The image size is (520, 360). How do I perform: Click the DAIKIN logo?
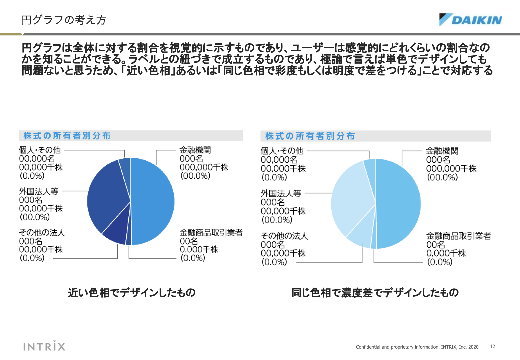point(470,20)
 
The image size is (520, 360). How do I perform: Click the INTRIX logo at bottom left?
point(44,346)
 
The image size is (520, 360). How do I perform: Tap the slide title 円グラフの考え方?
point(64,20)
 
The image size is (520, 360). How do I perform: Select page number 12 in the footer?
point(492,347)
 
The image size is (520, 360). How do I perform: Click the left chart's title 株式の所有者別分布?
point(67,136)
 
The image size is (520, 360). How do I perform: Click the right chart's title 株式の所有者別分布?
point(310,136)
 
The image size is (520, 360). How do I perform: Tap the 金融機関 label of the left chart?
point(195,150)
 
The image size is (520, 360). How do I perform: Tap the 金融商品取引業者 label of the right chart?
point(458,236)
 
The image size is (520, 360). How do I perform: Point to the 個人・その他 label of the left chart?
point(40,150)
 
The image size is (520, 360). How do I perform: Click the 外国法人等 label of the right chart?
point(281,193)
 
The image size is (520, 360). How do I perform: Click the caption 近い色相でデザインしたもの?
point(132,293)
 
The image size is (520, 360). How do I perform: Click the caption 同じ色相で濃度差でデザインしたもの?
point(375,293)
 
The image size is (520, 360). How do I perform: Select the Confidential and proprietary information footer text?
point(417,347)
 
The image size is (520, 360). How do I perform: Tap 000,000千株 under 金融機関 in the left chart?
point(204,167)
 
